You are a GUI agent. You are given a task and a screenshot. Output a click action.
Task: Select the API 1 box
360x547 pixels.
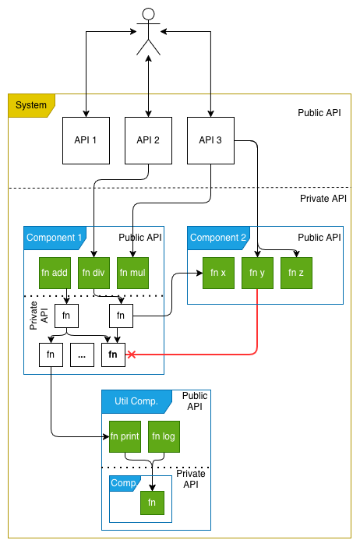(86, 140)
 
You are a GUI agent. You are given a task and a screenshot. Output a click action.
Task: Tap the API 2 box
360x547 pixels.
(148, 140)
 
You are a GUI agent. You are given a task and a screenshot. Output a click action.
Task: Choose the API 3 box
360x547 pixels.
(210, 140)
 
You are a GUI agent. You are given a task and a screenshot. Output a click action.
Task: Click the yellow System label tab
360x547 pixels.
(30, 105)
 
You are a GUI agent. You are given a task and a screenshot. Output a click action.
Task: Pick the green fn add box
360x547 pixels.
(55, 273)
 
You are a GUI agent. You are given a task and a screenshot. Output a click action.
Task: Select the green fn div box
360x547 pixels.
(94, 273)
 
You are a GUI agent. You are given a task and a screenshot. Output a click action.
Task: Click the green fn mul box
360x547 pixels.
(132, 273)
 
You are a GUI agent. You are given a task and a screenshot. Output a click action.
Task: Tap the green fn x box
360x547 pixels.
(218, 273)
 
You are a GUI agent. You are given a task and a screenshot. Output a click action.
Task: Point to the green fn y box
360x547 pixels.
(257, 273)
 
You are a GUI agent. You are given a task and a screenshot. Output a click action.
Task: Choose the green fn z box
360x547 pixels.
(296, 273)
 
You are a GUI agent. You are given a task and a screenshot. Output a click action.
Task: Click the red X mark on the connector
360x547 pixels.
(132, 355)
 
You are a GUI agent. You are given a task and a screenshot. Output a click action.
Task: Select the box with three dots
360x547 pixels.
(82, 355)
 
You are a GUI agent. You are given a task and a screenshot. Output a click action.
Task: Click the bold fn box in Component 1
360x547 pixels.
(113, 355)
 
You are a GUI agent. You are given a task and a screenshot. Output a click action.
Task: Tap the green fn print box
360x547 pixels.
(125, 436)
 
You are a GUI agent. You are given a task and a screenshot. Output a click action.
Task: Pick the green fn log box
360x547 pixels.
(164, 436)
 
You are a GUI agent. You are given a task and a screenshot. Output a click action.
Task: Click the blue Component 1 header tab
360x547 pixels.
(55, 238)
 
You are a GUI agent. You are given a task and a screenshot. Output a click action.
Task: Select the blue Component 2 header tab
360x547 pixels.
(218, 238)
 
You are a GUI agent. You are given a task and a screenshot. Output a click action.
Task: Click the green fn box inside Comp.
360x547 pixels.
(152, 503)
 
